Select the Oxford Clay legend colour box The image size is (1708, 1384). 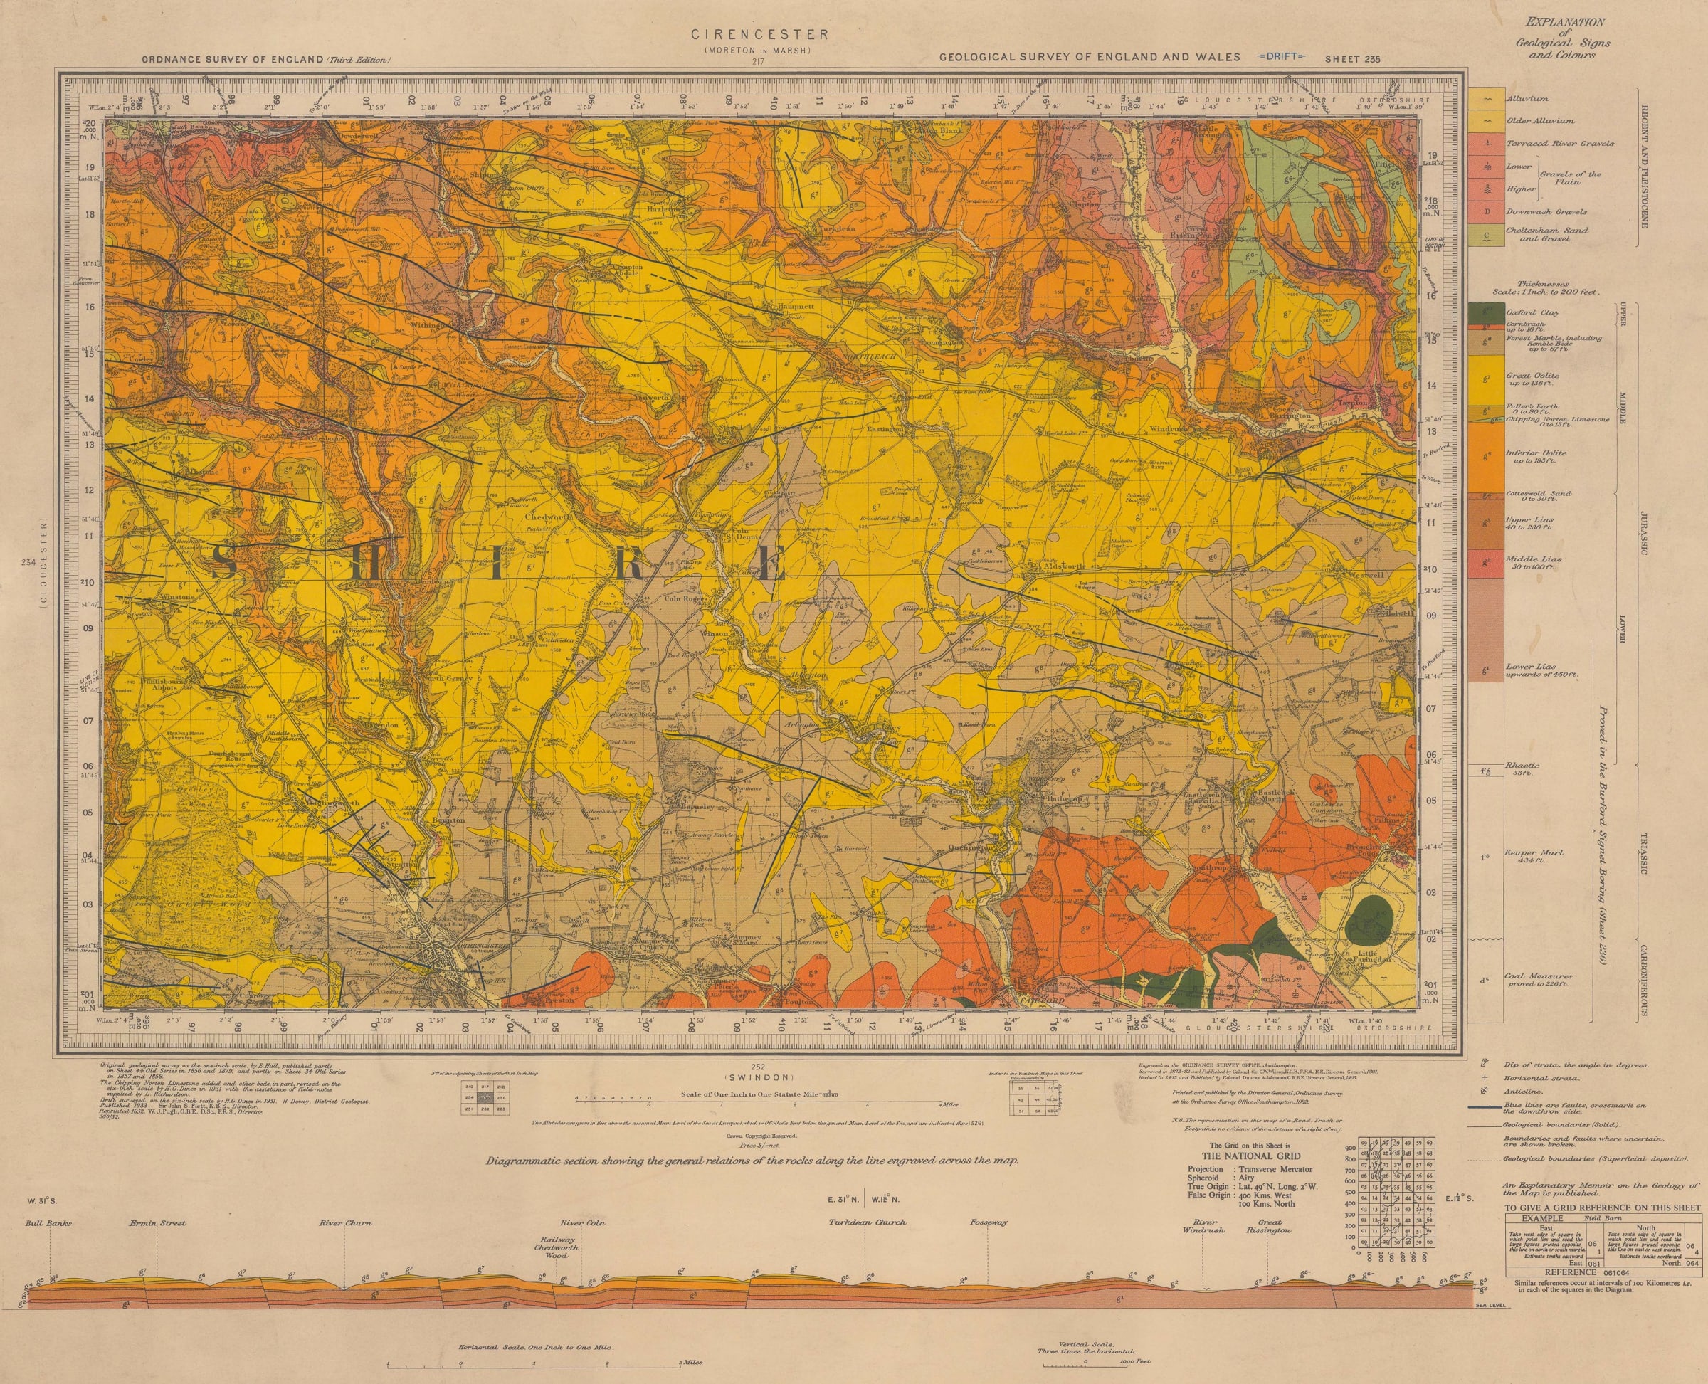(1483, 314)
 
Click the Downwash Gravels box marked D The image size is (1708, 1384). (1483, 212)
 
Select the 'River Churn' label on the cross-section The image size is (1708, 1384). (345, 1223)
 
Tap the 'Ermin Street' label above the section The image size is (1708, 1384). (157, 1223)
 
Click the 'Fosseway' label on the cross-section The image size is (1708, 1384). (989, 1222)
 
